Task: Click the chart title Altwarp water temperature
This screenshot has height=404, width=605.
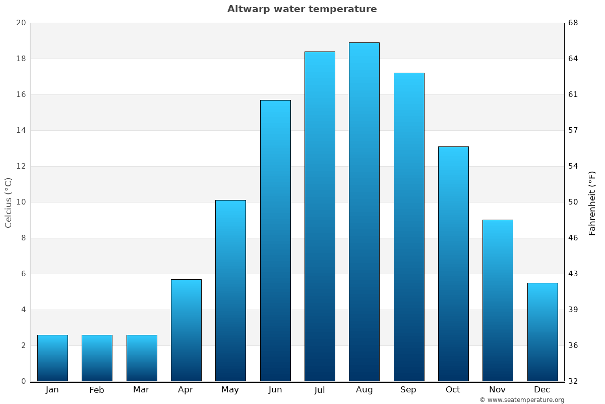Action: pyautogui.click(x=302, y=9)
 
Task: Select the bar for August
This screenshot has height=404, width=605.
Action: pyautogui.click(x=364, y=212)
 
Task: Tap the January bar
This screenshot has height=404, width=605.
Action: pyautogui.click(x=52, y=358)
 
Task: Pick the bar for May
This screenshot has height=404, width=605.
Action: pyautogui.click(x=230, y=291)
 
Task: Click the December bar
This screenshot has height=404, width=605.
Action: pyautogui.click(x=542, y=332)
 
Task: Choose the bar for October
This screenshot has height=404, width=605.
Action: pyautogui.click(x=453, y=264)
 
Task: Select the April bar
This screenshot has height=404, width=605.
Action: pyautogui.click(x=186, y=330)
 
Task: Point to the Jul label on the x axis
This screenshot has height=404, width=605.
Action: pyautogui.click(x=320, y=390)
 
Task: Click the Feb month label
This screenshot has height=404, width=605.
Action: pyautogui.click(x=97, y=390)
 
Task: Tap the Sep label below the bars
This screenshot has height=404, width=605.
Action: pyautogui.click(x=408, y=390)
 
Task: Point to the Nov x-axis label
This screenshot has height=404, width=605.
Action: pyautogui.click(x=497, y=390)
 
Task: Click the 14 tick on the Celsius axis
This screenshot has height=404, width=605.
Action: pyautogui.click(x=21, y=130)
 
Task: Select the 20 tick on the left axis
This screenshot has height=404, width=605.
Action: pyautogui.click(x=21, y=23)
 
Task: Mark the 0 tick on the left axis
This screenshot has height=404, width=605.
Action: pyautogui.click(x=23, y=381)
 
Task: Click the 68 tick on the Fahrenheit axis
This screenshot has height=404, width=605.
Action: pyautogui.click(x=574, y=23)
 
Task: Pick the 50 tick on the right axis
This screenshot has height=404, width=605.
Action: pyautogui.click(x=574, y=202)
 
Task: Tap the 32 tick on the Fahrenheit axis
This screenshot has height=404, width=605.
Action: pyautogui.click(x=574, y=381)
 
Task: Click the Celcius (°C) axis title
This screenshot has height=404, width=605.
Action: pyautogui.click(x=9, y=203)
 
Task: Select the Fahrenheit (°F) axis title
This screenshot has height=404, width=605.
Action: pyautogui.click(x=592, y=203)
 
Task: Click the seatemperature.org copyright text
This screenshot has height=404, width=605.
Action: pyautogui.click(x=522, y=400)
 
